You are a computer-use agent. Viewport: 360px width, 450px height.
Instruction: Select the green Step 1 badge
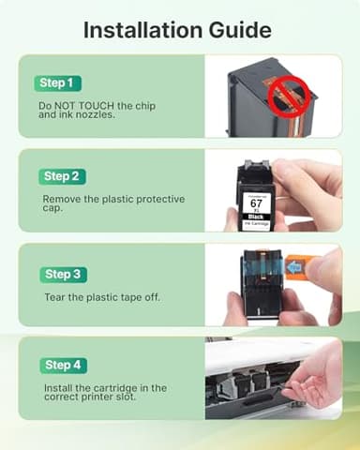(59, 83)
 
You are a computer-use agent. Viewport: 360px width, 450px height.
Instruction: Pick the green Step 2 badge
(64, 176)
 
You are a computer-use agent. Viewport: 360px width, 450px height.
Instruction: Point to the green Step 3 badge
(64, 274)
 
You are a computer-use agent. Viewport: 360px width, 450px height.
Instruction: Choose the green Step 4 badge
(64, 365)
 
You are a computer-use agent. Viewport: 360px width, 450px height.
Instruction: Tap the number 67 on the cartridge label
(256, 202)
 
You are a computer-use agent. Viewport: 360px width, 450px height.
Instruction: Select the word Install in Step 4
(59, 387)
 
